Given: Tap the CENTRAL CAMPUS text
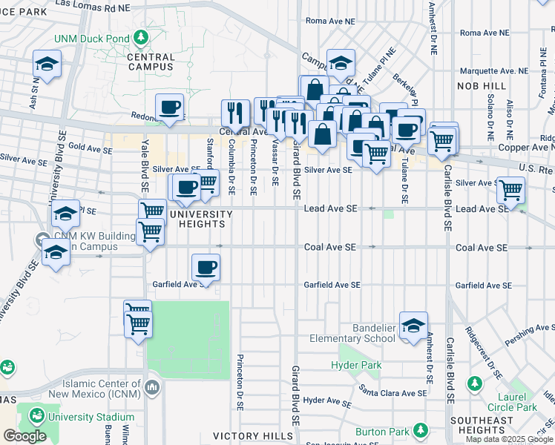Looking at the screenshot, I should pos(151,62).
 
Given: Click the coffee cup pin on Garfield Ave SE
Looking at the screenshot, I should pos(206,267).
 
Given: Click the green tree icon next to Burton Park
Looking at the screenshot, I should pos(421,430).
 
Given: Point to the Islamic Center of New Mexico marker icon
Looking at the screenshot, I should pos(152,386).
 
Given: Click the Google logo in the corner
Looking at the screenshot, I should pos(24,436).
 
